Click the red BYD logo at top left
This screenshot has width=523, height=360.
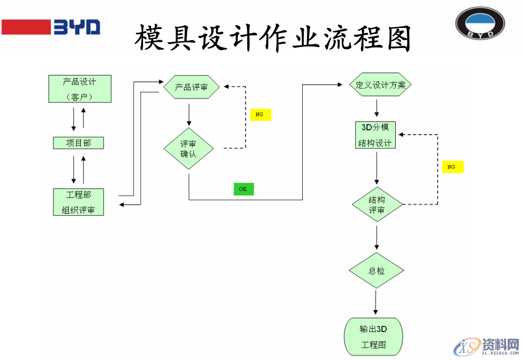51,26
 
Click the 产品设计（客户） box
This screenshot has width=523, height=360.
80,89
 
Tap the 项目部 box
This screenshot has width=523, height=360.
79,143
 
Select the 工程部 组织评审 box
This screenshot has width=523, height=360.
79,202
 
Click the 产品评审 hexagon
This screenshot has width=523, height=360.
191,87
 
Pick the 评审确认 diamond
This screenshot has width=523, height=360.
189,148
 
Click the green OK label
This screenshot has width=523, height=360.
244,189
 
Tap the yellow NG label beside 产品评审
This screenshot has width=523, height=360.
260,115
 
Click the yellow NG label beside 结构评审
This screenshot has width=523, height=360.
452,167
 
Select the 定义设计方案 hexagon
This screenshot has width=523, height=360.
377,84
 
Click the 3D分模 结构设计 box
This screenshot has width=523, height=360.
376,135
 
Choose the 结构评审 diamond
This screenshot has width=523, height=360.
377,205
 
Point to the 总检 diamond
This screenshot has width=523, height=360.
376,271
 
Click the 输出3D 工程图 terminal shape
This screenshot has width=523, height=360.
373,337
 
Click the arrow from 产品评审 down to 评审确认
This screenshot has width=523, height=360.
189,114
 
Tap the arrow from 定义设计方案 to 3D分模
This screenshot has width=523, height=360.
377,108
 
